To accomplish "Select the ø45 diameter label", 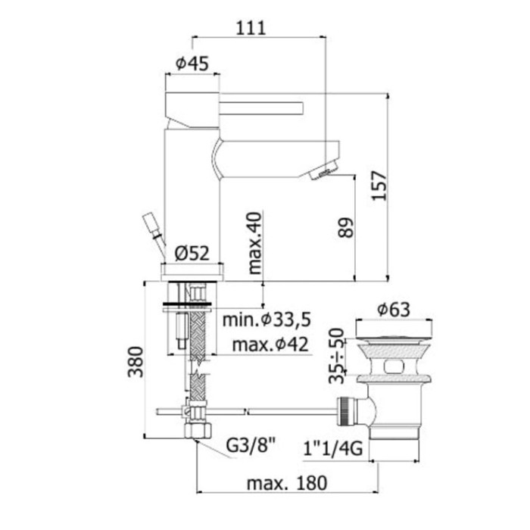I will pos(192,64).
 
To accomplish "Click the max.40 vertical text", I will pos(254,242).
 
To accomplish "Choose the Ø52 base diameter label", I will pos(192,254).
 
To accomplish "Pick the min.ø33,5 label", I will pos(267,320).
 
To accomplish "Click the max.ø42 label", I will pos(266,345).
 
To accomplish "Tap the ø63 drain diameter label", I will pos(394,309).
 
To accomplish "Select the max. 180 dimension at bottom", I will pos(285,482).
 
